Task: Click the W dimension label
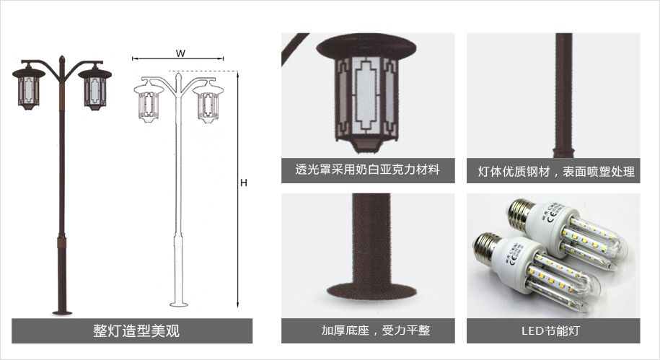point(180,53)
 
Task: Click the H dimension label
point(243,183)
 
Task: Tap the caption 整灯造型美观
point(136,331)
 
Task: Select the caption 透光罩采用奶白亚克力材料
point(367,170)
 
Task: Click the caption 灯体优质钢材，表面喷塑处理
point(556,172)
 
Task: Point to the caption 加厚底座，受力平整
point(376,330)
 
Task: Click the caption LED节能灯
point(550,330)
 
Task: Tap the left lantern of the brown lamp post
point(29,87)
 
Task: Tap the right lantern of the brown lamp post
point(95,87)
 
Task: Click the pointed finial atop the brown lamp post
point(62,59)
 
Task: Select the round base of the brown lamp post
point(62,312)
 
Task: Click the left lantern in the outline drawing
point(148,102)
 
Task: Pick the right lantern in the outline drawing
point(208,102)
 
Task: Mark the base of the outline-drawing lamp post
point(178,304)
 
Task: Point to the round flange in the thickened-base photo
point(371,291)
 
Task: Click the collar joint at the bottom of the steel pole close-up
point(563,151)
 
